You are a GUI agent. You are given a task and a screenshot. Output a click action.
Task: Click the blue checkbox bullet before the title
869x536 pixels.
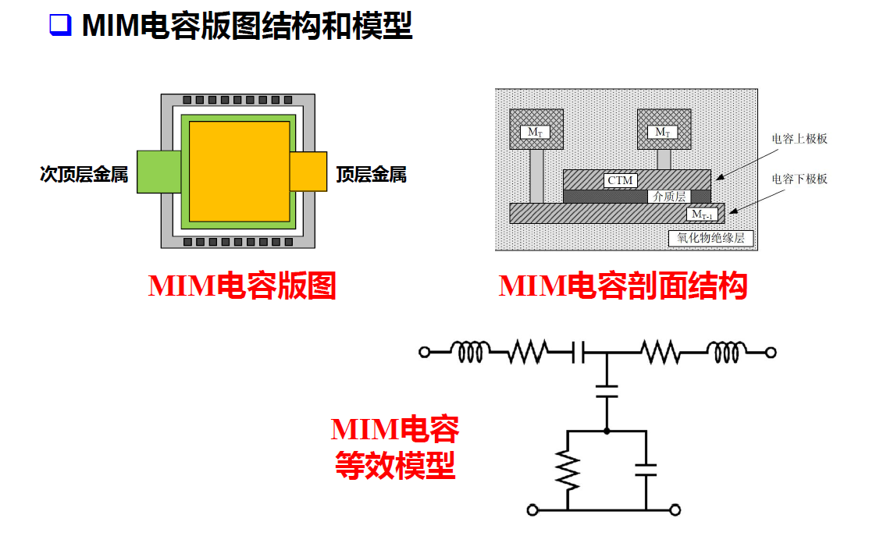point(59,25)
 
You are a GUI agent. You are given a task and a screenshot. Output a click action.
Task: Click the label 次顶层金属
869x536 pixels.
point(84,174)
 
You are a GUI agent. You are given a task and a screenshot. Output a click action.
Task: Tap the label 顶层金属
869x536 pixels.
point(372,174)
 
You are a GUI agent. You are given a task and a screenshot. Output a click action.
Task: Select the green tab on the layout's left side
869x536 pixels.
point(158,172)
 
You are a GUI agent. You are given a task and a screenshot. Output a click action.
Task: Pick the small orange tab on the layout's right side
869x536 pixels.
point(308,172)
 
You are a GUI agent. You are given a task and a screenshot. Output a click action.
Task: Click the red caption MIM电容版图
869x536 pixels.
point(242,286)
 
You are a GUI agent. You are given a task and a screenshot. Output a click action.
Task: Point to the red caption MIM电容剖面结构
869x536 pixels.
point(623,286)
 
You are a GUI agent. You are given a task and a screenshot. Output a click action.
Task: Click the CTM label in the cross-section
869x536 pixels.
point(621,180)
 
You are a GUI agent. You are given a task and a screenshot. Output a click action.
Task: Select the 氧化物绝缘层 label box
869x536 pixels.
point(711,237)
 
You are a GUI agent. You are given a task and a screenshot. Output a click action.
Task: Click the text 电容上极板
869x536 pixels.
point(799,139)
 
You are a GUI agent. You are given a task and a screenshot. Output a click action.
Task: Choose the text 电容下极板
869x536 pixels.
point(799,179)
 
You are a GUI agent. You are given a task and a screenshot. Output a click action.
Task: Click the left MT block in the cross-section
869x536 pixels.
point(535,130)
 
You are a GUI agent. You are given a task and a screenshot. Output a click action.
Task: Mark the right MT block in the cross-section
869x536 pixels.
point(663,130)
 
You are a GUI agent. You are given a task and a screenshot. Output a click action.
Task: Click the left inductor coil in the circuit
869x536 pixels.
point(473,353)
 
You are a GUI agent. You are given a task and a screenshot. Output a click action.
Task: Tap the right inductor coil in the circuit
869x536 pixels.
point(725,353)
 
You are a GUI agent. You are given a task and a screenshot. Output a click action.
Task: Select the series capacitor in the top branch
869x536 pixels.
point(579,353)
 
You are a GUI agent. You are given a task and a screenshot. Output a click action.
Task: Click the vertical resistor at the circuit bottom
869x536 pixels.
point(568,470)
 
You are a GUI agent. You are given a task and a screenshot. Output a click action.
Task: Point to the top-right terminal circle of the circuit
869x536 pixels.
point(771,353)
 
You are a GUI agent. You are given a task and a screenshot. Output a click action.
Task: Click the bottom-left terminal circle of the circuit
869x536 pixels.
point(532,510)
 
